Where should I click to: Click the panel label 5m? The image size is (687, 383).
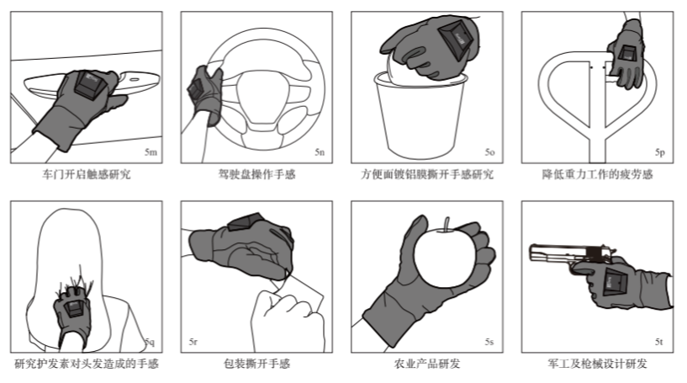pyautogui.click(x=151, y=152)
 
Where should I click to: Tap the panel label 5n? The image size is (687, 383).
pyautogui.click(x=320, y=152)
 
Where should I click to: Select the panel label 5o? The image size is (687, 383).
pyautogui.click(x=490, y=152)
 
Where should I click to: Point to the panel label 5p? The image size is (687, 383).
pyautogui.click(x=660, y=152)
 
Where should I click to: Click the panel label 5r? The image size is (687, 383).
pyautogui.click(x=193, y=341)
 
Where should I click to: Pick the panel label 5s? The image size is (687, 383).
pyautogui.click(x=489, y=341)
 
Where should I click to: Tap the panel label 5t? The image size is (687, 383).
pyautogui.click(x=659, y=341)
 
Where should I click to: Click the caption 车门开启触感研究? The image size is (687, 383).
pyautogui.click(x=87, y=174)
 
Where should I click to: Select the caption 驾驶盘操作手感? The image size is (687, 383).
pyautogui.click(x=256, y=174)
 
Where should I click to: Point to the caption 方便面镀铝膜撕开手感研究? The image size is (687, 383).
pyautogui.click(x=427, y=174)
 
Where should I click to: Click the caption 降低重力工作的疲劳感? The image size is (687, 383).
pyautogui.click(x=597, y=174)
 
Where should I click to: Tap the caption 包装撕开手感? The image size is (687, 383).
pyautogui.click(x=256, y=364)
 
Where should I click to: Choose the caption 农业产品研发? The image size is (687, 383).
pyautogui.click(x=427, y=364)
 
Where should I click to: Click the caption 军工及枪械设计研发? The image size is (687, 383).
pyautogui.click(x=597, y=364)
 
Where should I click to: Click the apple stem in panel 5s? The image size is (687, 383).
pyautogui.click(x=447, y=224)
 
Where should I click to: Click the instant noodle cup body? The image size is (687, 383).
pyautogui.click(x=420, y=118)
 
